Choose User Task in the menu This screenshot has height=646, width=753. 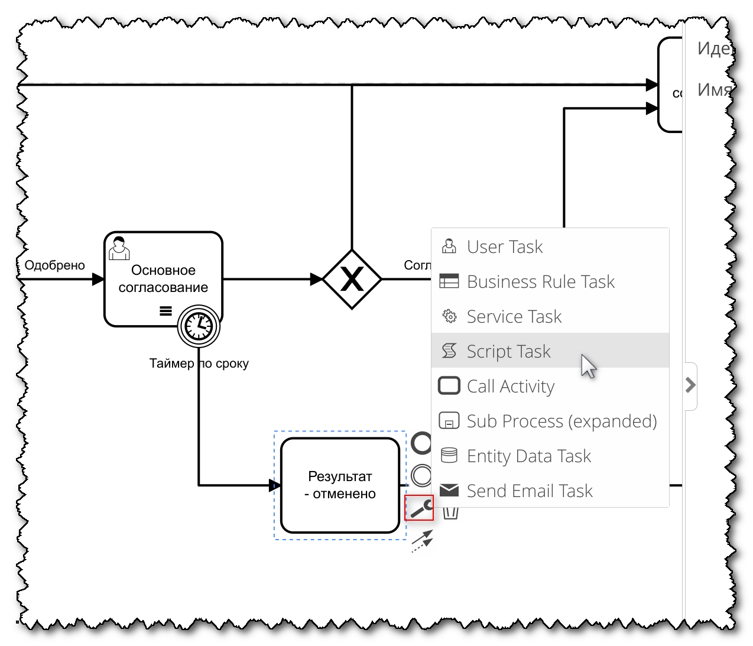[x=505, y=246]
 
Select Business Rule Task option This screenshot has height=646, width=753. [x=540, y=281]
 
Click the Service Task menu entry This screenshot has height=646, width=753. [x=514, y=316]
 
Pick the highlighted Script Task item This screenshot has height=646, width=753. [x=508, y=351]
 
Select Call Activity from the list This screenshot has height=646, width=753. [x=510, y=386]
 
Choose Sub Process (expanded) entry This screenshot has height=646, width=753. [x=561, y=421]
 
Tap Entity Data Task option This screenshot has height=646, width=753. [x=528, y=456]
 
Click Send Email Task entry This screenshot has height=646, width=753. [x=529, y=491]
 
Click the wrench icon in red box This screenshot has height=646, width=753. [x=419, y=508]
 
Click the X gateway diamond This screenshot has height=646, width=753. [x=352, y=279]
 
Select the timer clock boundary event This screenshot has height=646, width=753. [x=199, y=326]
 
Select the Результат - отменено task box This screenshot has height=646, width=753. [x=340, y=485]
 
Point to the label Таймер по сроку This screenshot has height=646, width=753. [x=199, y=363]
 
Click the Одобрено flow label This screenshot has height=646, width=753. [x=54, y=265]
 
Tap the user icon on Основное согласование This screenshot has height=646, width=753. [x=119, y=248]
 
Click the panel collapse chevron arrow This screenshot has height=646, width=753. [x=690, y=385]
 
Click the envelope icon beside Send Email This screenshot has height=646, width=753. [x=449, y=490]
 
